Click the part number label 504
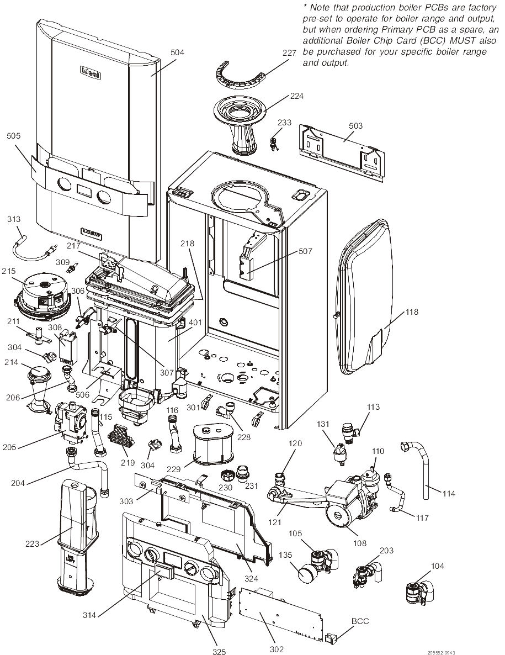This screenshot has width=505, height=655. (177, 52)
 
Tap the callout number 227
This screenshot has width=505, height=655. (289, 53)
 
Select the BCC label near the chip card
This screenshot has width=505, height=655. (359, 621)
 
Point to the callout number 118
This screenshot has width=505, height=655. (412, 312)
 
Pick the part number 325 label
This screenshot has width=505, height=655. (219, 652)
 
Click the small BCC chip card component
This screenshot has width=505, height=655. (330, 638)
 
